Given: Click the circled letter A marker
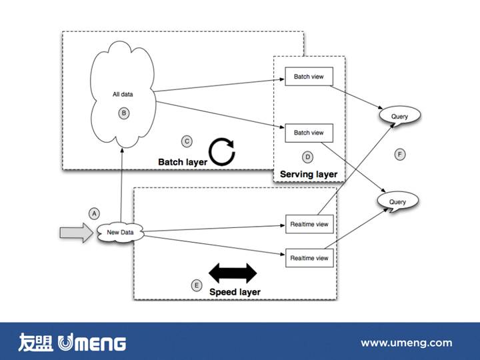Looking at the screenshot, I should click(x=94, y=213).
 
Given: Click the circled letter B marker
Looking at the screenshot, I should click(x=123, y=113).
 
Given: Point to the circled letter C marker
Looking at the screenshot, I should click(x=187, y=141).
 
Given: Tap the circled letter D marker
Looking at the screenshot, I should click(x=307, y=157).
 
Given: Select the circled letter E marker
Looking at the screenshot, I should click(x=197, y=285).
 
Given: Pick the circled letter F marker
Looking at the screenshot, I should click(x=399, y=155).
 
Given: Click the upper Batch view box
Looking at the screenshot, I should click(x=309, y=77).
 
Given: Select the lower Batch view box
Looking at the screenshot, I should click(x=309, y=133).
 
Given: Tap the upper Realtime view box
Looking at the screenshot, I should click(x=309, y=225).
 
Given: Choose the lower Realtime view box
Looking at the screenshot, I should click(x=309, y=257).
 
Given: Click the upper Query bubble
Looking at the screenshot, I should click(x=399, y=117).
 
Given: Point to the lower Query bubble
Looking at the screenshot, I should click(x=397, y=201).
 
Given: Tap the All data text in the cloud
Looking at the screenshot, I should click(x=123, y=95).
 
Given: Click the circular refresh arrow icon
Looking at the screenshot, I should click(x=223, y=151).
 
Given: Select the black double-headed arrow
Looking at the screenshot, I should click(x=233, y=273).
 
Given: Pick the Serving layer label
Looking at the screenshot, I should click(x=309, y=175).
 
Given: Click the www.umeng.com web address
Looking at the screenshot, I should click(x=406, y=343).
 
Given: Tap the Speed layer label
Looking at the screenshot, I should click(x=235, y=292).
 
